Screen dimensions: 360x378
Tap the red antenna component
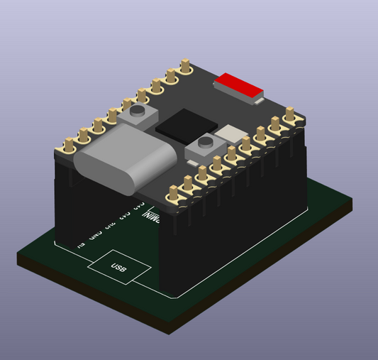(x=239, y=84)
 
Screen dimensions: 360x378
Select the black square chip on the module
(x=182, y=125)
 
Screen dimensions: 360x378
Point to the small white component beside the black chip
(x=230, y=133)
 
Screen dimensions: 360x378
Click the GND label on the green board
(x=95, y=232)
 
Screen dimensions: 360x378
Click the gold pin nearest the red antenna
(x=186, y=68)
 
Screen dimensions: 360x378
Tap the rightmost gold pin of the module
(x=291, y=114)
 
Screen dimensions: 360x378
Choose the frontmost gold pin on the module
(x=173, y=194)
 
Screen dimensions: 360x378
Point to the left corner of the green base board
(x=20, y=260)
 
